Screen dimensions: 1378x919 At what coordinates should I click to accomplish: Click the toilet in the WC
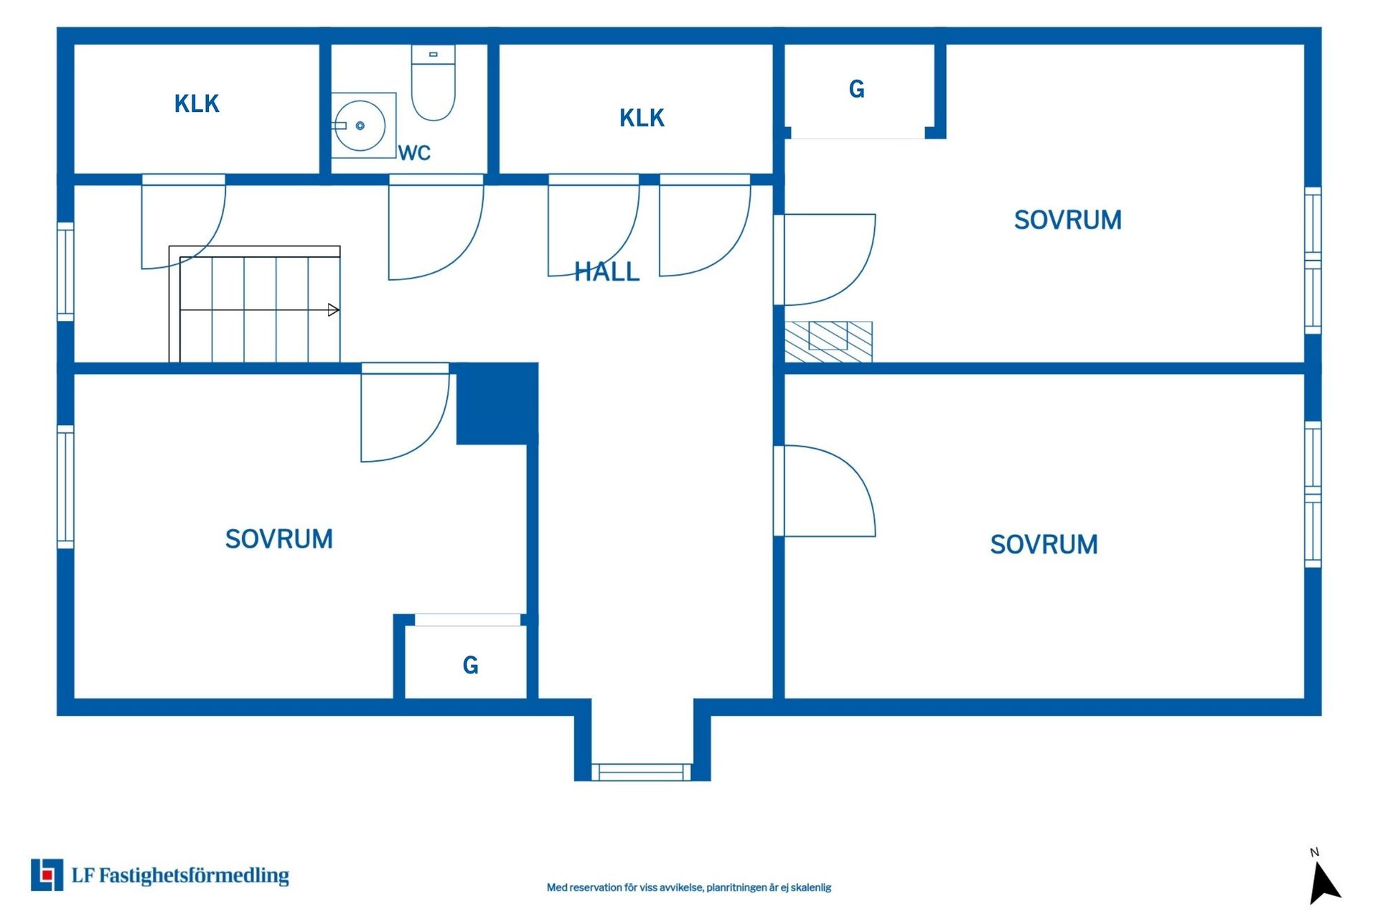point(433,83)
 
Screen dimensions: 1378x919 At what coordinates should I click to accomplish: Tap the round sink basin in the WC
point(360,126)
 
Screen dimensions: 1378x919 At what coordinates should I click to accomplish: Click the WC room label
point(414,153)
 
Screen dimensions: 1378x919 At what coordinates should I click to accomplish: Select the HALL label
point(606,271)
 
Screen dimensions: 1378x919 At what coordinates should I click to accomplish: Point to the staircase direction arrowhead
point(334,310)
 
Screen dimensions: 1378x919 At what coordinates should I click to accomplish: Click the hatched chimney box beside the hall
point(828,342)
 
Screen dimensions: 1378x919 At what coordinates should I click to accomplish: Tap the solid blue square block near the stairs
point(497,404)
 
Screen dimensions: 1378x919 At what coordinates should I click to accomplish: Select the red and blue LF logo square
point(47,874)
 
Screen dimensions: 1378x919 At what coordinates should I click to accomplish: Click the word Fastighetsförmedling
point(194,876)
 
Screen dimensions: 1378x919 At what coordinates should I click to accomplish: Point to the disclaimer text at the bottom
point(689,887)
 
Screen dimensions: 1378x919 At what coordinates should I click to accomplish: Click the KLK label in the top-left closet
point(197,104)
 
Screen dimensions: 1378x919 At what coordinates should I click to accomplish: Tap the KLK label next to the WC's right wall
point(642,118)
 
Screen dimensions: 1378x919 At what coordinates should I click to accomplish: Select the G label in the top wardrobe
point(856,89)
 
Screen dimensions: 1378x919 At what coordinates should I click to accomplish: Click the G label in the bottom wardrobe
point(470,666)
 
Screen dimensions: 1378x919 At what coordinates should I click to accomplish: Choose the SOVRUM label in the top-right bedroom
point(1067,220)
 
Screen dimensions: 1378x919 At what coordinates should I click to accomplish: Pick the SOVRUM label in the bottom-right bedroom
point(1044,545)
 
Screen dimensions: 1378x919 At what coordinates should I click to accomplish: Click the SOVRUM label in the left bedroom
point(278,539)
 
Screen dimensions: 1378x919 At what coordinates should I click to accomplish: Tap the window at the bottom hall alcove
point(641,772)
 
